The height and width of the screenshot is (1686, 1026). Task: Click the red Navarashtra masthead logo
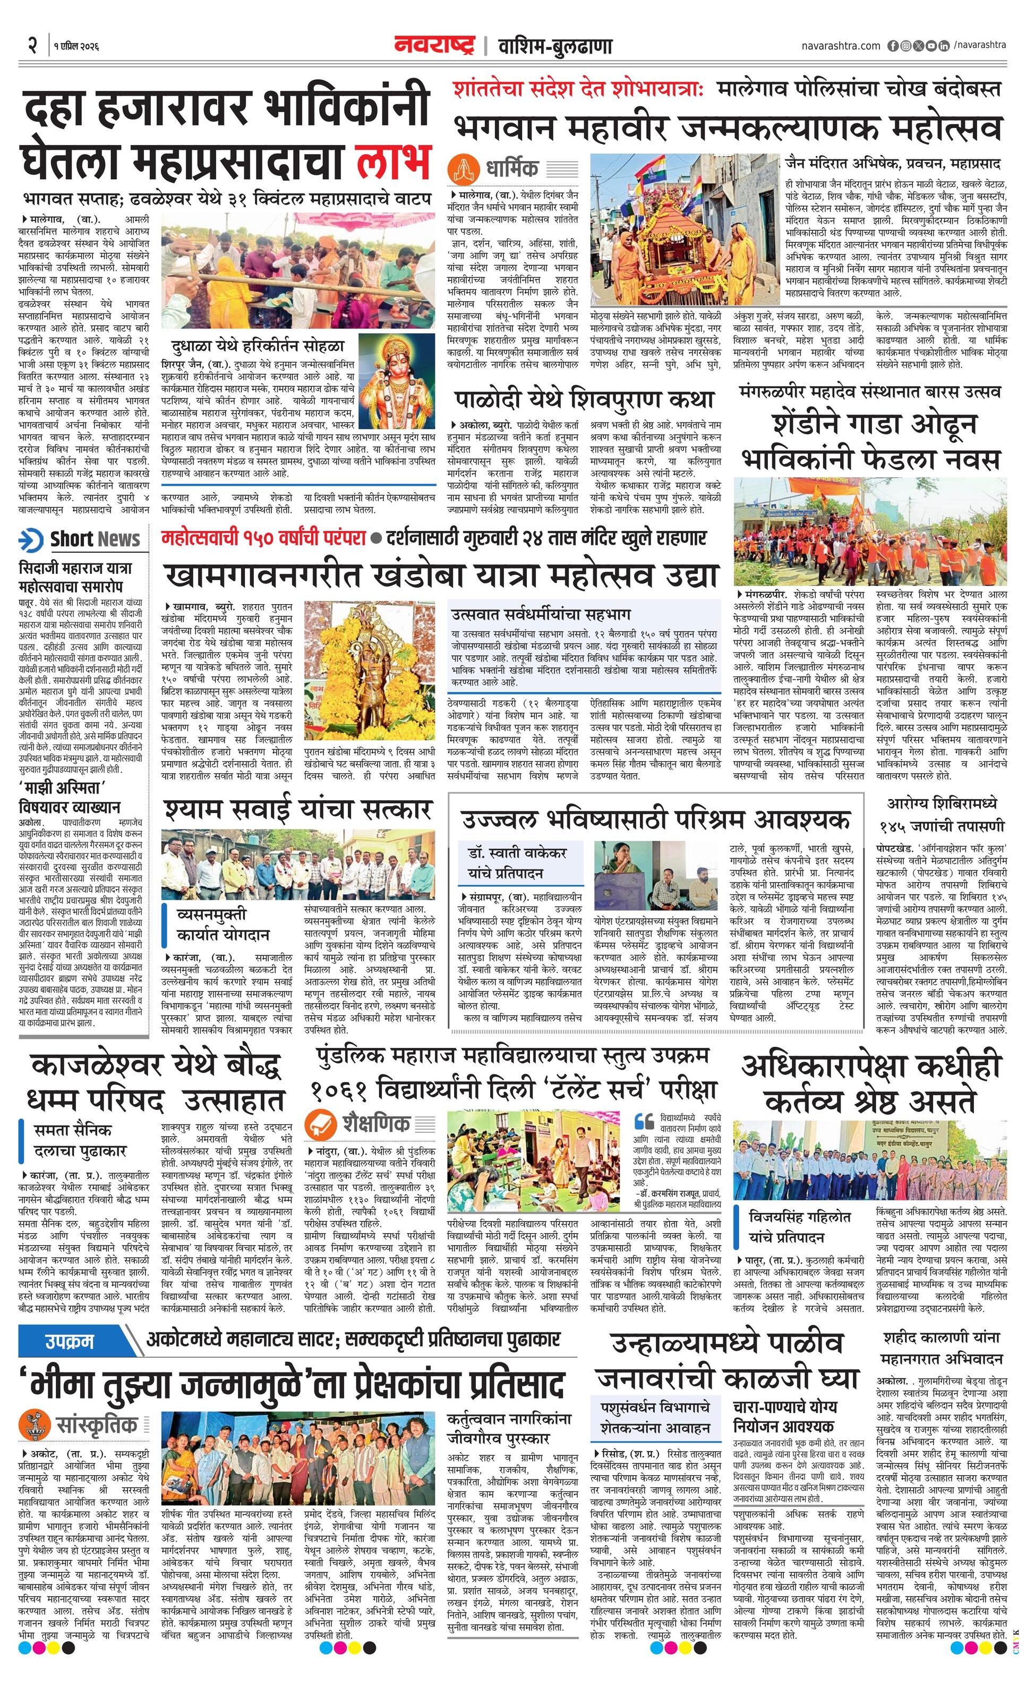434,45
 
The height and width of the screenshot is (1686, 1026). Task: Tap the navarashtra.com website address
841,46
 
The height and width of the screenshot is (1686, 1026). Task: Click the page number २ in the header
32,46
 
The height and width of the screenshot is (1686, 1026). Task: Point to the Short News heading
95,539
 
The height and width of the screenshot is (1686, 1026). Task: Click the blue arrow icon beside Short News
31,540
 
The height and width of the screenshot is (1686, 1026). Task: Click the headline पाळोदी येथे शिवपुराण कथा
584,399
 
